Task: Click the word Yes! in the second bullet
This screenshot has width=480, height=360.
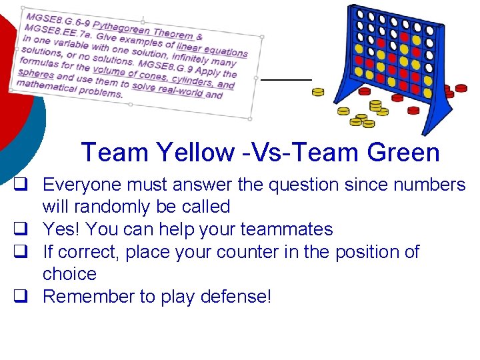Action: click(62, 229)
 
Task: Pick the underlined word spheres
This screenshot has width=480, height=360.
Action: click(36, 73)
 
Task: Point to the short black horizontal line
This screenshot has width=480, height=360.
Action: click(285, 79)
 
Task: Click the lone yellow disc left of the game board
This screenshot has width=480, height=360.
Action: click(318, 92)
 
